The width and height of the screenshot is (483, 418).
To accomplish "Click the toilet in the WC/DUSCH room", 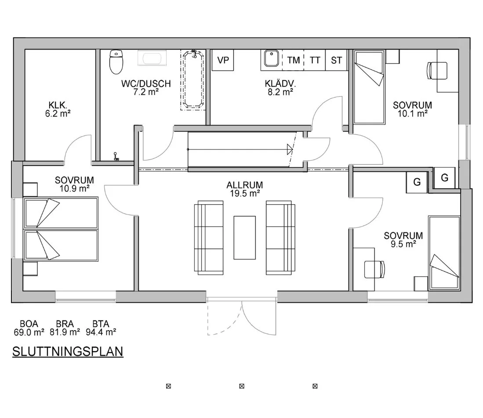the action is click(x=116, y=62).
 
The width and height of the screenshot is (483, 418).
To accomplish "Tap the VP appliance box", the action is click(x=223, y=60).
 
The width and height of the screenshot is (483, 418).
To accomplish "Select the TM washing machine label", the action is click(x=294, y=60).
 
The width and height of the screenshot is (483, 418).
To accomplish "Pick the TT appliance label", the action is click(x=315, y=60).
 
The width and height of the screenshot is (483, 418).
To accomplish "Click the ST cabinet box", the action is click(x=336, y=60).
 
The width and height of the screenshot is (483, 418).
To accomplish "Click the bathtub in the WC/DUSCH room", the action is click(x=193, y=79).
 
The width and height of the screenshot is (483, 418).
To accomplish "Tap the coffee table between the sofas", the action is click(x=245, y=238).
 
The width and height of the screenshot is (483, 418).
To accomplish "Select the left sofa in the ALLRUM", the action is click(x=209, y=238).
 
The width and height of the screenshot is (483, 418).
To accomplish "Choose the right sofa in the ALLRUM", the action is click(x=281, y=238).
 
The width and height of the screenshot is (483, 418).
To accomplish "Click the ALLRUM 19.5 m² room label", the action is click(x=245, y=189).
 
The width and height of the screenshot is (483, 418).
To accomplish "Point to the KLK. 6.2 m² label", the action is click(x=58, y=109).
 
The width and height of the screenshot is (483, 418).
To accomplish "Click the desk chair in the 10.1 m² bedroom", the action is click(x=437, y=71).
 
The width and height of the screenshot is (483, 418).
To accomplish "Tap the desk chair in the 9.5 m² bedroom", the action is click(x=374, y=269).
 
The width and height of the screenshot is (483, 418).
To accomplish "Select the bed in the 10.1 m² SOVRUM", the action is click(x=369, y=87).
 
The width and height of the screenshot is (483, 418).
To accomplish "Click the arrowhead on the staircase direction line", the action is click(x=290, y=149).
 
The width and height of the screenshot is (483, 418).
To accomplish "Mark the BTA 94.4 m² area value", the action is click(x=101, y=328).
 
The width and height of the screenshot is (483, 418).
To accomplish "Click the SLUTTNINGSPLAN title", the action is click(x=68, y=352).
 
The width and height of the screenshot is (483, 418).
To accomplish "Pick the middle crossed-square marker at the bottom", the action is click(x=242, y=386).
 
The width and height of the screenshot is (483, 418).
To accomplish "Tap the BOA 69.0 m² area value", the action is click(x=29, y=328).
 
